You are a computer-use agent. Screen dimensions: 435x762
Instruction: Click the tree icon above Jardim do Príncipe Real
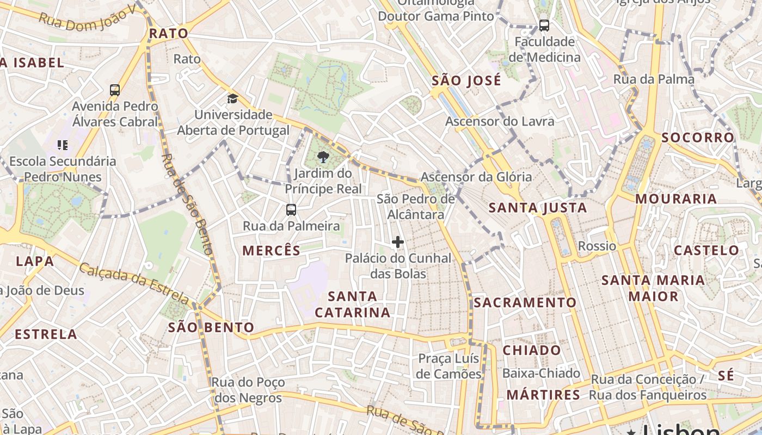click(x=323, y=158)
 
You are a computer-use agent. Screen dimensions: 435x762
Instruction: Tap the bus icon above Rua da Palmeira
click(x=291, y=210)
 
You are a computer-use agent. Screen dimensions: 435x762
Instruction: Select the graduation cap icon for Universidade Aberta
click(x=233, y=98)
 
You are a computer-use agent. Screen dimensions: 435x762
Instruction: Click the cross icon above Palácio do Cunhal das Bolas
click(x=398, y=242)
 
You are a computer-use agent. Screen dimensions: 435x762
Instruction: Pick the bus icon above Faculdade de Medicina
click(x=544, y=25)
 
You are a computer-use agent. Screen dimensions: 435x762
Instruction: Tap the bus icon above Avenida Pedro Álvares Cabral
click(x=115, y=90)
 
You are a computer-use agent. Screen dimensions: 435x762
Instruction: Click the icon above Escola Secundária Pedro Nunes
click(x=63, y=145)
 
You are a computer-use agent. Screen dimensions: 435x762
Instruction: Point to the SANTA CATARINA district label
click(x=352, y=304)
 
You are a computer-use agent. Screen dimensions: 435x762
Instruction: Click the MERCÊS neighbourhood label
click(x=271, y=251)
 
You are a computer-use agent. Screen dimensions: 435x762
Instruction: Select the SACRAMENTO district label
click(x=525, y=303)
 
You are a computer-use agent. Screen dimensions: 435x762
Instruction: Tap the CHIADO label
click(x=531, y=351)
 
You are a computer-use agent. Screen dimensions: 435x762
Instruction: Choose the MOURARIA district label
click(x=676, y=199)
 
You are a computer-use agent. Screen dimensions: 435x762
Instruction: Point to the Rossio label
click(x=597, y=246)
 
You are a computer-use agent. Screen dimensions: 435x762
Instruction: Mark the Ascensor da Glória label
click(x=476, y=177)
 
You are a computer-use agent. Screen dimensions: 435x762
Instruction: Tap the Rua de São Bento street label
click(x=186, y=204)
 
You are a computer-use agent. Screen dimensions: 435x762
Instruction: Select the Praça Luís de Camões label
click(x=448, y=366)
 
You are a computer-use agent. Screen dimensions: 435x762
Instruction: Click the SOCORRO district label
click(x=698, y=138)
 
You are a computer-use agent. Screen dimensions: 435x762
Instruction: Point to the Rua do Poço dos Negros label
click(x=248, y=390)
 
